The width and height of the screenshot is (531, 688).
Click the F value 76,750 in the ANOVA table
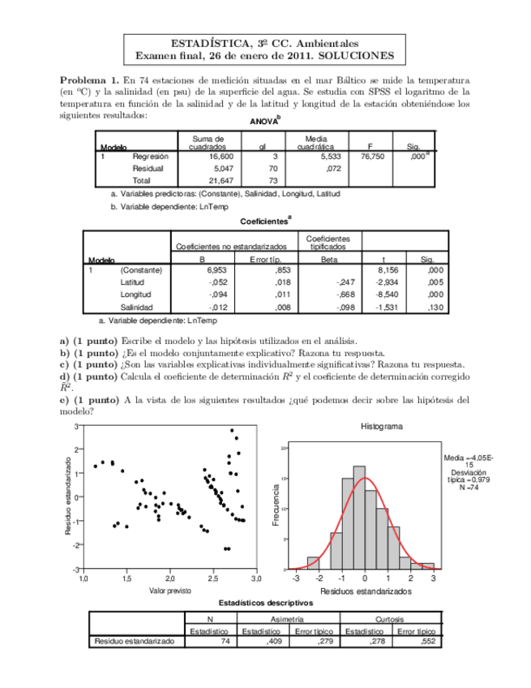click(370, 155)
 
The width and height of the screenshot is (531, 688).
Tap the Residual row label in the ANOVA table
click(148, 167)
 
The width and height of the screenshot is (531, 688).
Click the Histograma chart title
click(381, 426)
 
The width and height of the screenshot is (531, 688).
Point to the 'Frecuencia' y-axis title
click(277, 504)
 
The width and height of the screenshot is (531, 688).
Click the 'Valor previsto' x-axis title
click(169, 591)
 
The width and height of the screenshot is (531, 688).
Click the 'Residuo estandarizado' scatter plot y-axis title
click(68, 496)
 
